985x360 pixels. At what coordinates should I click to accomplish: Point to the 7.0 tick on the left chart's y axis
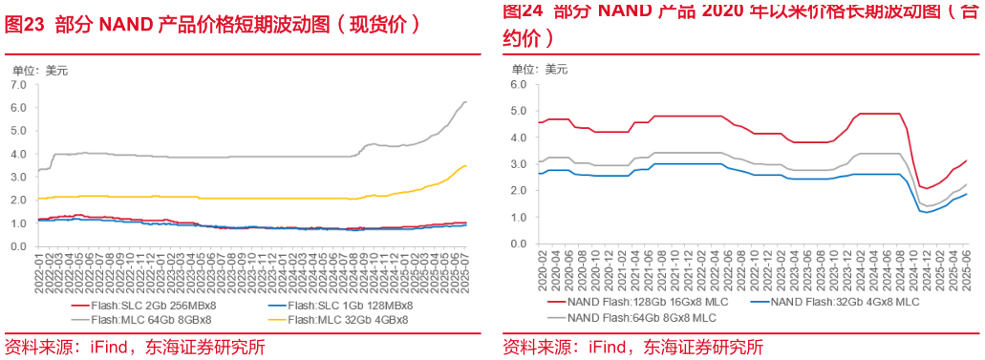pyautogui.click(x=18, y=85)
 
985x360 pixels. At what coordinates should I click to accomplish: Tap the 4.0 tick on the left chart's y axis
pyautogui.click(x=18, y=154)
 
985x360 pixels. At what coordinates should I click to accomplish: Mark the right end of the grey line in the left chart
pyautogui.click(x=466, y=102)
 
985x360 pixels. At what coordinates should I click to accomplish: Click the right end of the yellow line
pyautogui.click(x=466, y=166)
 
